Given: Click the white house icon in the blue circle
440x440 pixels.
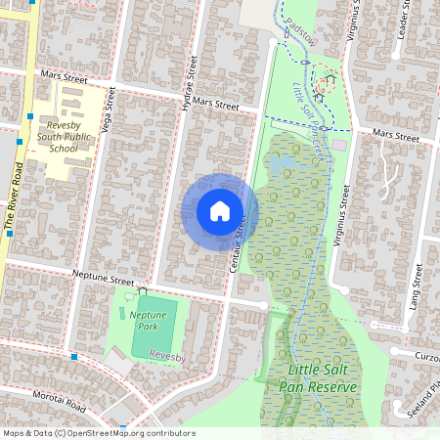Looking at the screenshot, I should point(220,211).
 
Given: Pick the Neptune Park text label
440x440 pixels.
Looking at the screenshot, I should point(144,320).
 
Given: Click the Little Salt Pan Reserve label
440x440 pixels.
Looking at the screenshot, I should point(322,378).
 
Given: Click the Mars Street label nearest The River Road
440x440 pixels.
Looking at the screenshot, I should point(64,74).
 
